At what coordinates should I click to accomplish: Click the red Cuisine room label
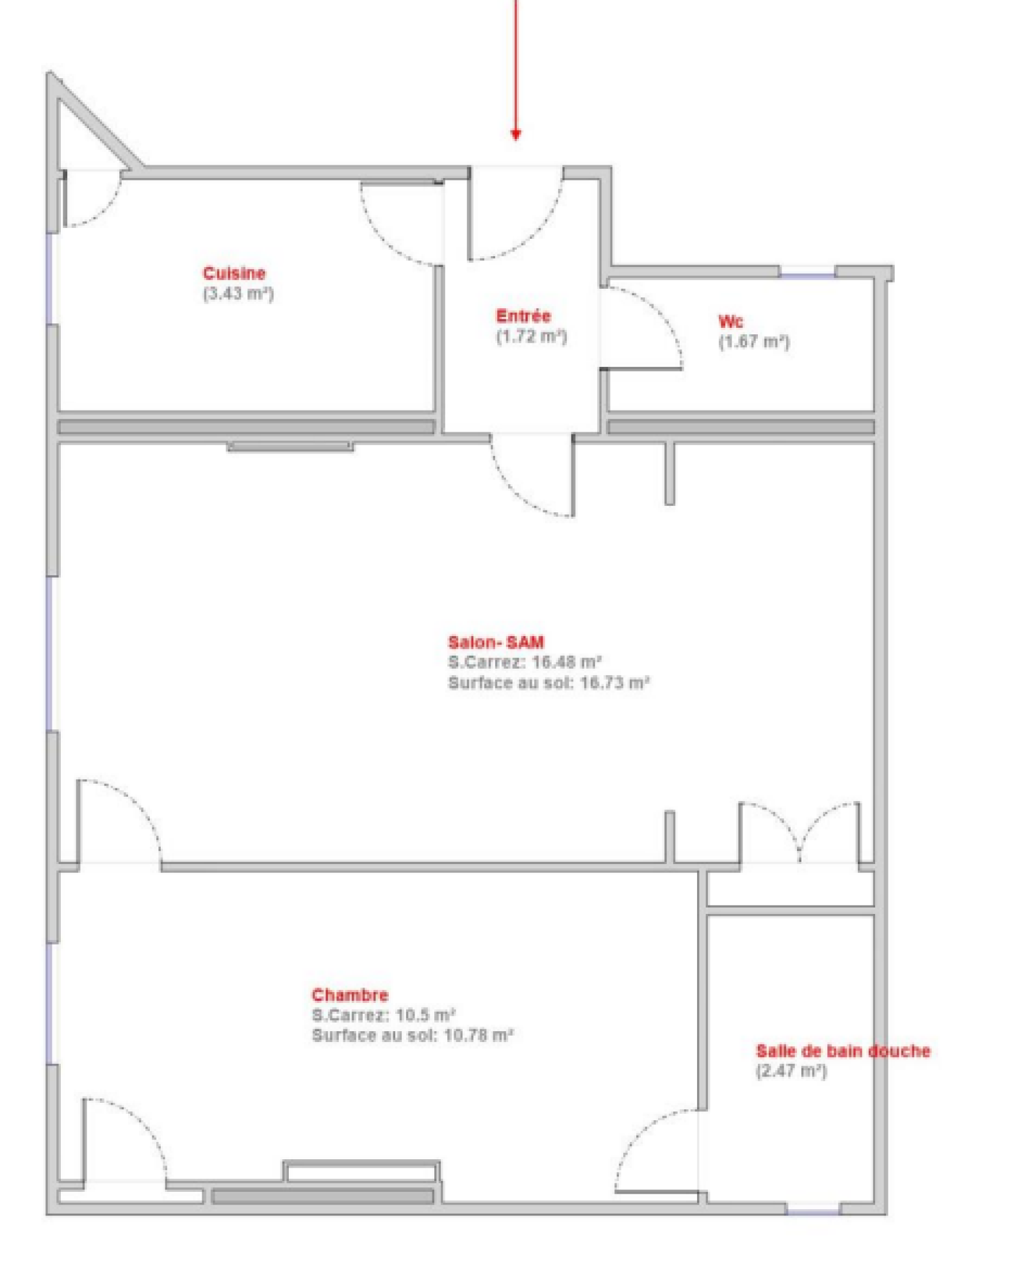point(234,273)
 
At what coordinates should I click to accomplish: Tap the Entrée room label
point(523,316)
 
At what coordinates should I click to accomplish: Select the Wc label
point(730,321)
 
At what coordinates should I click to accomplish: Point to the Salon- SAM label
point(496,642)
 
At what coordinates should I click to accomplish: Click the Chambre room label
point(350,995)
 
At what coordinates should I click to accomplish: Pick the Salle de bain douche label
point(843,1050)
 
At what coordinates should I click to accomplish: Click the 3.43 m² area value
point(238,294)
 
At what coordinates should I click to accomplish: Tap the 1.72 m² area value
point(532,336)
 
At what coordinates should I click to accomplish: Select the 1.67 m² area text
point(754,341)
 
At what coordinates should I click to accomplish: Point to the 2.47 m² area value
point(792,1071)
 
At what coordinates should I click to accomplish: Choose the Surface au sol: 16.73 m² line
point(549,683)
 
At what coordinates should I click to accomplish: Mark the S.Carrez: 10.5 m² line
point(383,1015)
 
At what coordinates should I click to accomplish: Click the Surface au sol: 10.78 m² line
point(413,1036)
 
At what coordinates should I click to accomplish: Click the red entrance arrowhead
point(516,134)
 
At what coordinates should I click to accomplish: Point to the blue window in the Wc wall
point(808,275)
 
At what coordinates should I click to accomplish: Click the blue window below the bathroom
point(813,1210)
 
